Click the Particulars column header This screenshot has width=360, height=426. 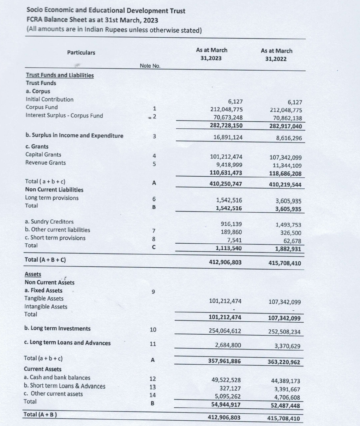pyautogui.click(x=81, y=53)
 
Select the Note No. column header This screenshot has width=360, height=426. pyautogui.click(x=150, y=66)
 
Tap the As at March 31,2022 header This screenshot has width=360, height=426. pyautogui.click(x=276, y=55)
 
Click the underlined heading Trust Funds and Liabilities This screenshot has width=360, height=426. pyautogui.click(x=60, y=75)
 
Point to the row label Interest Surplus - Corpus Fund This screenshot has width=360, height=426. pyautogui.click(x=64, y=116)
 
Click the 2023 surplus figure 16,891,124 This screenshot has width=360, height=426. pyautogui.click(x=228, y=137)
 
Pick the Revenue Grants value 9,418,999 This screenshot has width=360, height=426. pyautogui.click(x=229, y=164)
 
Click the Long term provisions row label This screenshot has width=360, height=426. pyautogui.click(x=52, y=198)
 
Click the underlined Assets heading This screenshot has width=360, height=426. pyautogui.click(x=33, y=274)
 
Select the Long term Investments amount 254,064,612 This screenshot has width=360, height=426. pyautogui.click(x=225, y=331)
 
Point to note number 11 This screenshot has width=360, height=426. pyautogui.click(x=153, y=344)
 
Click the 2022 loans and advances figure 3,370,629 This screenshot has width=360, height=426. pyautogui.click(x=287, y=346)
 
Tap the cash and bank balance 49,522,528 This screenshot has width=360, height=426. pyautogui.click(x=226, y=380)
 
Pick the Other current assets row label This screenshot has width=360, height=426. pyautogui.click(x=53, y=394)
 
